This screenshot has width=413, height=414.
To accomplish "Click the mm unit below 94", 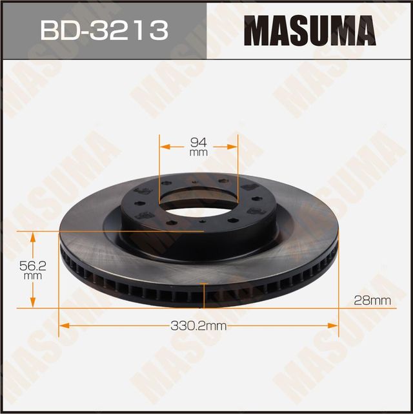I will [199, 154].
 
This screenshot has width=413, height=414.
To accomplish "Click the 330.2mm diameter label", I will [199, 326].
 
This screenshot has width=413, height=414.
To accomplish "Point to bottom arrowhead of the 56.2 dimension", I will [32, 305].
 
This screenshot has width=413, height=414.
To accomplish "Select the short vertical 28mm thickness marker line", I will [205, 296].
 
